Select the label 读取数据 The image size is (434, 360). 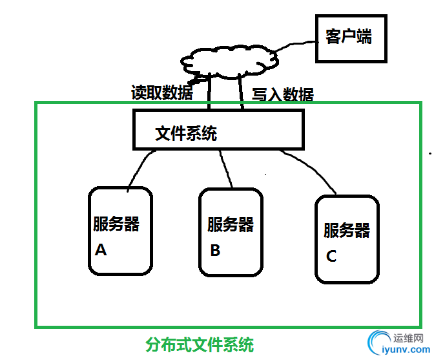(x=161, y=93)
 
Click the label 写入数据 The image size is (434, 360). (x=282, y=95)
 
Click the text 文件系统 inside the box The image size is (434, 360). (x=186, y=134)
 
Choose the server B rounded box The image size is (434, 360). (x=231, y=233)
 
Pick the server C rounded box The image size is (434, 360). (x=347, y=239)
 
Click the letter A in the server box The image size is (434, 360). (x=101, y=249)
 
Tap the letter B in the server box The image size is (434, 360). (x=215, y=250)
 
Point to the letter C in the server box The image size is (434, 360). (x=331, y=256)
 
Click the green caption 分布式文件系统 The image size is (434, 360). (x=199, y=344)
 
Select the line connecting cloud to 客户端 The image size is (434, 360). (x=298, y=45)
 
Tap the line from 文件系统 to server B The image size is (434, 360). (x=226, y=169)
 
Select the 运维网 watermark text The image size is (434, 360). (x=408, y=337)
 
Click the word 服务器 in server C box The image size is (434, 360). (x=347, y=230)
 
